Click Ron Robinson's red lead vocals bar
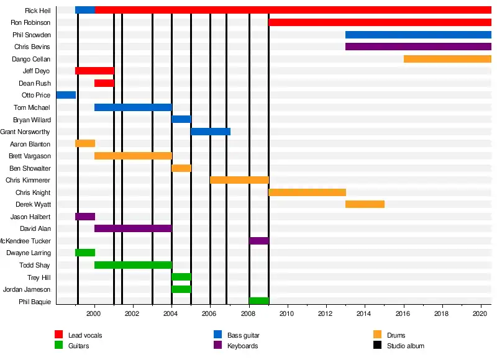coord(380,22)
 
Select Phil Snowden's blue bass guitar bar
coord(418,35)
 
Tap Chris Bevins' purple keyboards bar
coord(418,47)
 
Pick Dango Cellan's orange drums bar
coord(447,59)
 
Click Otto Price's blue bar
coord(66,95)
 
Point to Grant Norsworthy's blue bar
coord(211,132)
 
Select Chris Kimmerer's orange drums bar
coord(239,180)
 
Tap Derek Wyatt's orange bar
coord(365,204)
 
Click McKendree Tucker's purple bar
coord(259,241)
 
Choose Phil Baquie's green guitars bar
coord(259,301)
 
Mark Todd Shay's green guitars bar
coord(133,265)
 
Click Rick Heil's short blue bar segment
coord(85,10)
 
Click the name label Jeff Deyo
coord(37,71)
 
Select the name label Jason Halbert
coord(30,217)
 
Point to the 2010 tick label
coord(286,314)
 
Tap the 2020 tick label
coord(479,314)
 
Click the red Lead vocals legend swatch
coord(59,335)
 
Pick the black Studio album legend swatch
coord(377,345)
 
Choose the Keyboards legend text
coord(242,346)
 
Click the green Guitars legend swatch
coord(59,345)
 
